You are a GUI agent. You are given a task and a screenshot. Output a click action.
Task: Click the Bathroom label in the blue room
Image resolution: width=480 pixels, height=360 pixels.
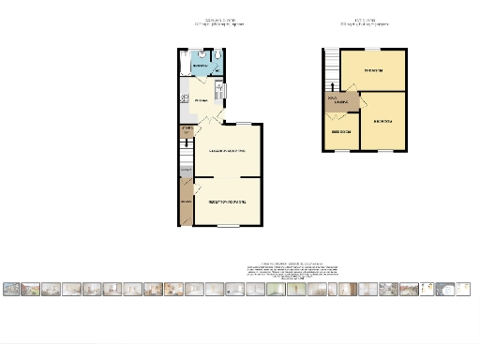pos(200,67)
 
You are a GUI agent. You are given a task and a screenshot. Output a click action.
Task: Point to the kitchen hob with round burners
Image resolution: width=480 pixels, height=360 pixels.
pos(218,90)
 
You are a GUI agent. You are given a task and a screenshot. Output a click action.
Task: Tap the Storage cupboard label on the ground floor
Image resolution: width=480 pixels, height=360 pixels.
pos(186,130)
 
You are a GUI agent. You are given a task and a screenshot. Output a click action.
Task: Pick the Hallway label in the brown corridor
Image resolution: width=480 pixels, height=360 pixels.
pos(185,202)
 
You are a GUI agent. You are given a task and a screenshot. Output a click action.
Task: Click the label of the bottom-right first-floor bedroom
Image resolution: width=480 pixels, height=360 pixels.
pos(382,122)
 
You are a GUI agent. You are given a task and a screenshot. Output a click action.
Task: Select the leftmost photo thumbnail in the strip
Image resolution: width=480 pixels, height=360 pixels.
pos(11,290)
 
